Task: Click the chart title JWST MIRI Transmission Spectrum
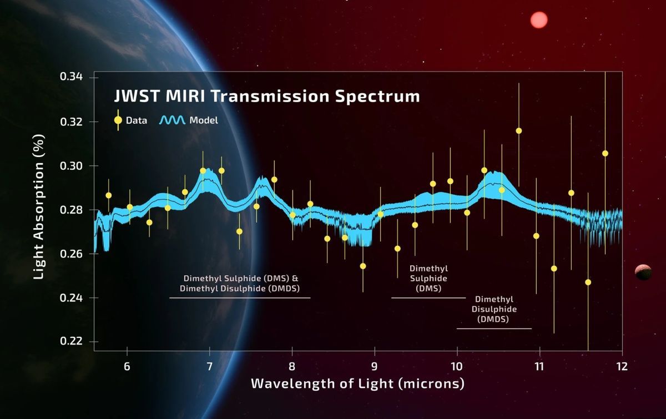click(266, 96)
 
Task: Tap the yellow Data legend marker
click(118, 120)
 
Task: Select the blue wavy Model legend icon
click(173, 120)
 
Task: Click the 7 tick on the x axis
click(210, 366)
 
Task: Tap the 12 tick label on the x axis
click(622, 366)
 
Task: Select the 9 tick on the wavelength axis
click(375, 366)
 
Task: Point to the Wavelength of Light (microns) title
click(357, 383)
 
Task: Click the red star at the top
click(538, 20)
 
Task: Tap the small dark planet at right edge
click(643, 272)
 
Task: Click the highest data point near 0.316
click(519, 131)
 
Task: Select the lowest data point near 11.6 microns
click(588, 282)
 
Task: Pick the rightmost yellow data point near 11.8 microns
click(605, 153)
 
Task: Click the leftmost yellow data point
click(109, 195)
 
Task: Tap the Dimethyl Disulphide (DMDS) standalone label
click(495, 309)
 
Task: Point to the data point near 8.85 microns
click(363, 266)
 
